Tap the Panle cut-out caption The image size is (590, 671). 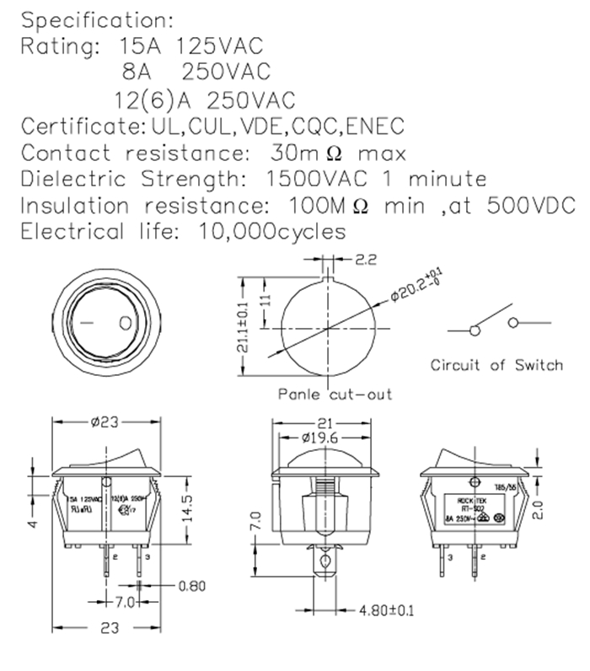click(335, 394)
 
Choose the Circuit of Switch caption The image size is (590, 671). click(496, 365)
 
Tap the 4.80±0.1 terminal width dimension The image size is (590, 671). click(386, 609)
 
